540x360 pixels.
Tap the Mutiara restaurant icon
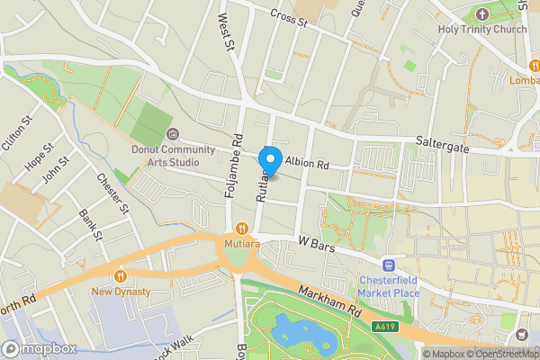(x=241, y=229)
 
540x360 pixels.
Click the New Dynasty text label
(x=119, y=292)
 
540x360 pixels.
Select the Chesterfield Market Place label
(x=390, y=286)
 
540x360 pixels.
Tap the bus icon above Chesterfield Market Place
(x=390, y=265)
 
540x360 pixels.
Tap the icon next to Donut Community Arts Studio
(x=173, y=134)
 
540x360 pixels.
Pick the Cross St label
(x=289, y=17)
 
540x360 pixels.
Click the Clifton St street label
(x=17, y=131)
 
